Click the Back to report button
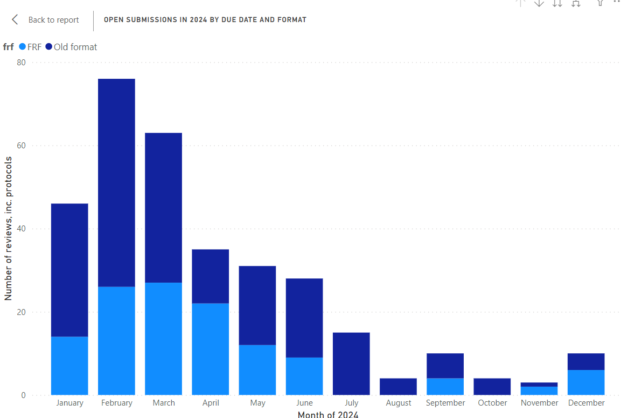coord(46,20)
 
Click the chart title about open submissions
coord(205,20)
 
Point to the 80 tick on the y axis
coord(22,63)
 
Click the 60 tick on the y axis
coord(22,146)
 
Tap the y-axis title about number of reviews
coord(8,229)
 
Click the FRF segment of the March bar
coord(163,339)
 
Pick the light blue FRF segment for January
coord(69,366)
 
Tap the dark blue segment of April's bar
coord(210,276)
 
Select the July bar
coord(351,364)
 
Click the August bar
coord(398,387)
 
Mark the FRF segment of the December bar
coord(586,382)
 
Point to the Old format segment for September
coord(445,366)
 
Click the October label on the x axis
coord(492,403)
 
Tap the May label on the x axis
coord(257,403)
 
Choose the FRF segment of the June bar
coord(304,376)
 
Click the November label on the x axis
coord(539,403)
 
